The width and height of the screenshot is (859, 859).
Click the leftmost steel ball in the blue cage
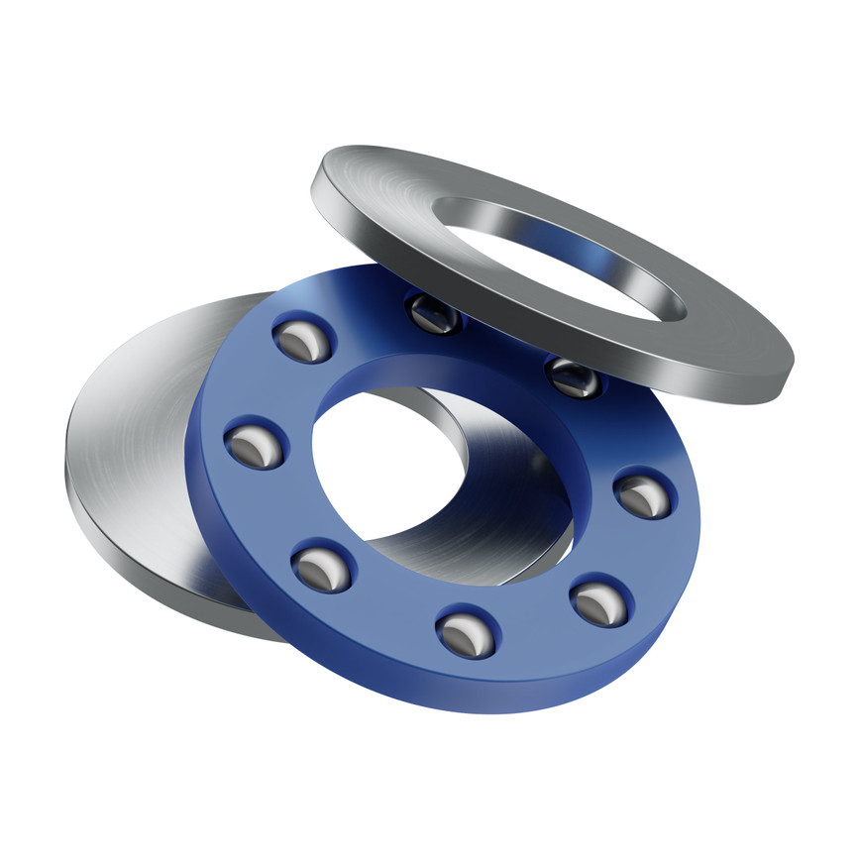pyautogui.click(x=255, y=447)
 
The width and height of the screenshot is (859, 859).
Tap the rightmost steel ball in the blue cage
pyautogui.click(x=643, y=494)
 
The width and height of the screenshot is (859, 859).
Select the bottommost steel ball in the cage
pyautogui.click(x=466, y=633)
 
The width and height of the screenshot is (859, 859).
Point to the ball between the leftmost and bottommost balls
pyautogui.click(x=320, y=568)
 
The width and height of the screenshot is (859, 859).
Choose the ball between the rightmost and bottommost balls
pyautogui.click(x=598, y=602)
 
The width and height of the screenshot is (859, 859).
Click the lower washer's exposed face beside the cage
pyautogui.click(x=129, y=416)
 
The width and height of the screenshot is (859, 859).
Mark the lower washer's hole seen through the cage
pyautogui.click(x=396, y=466)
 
